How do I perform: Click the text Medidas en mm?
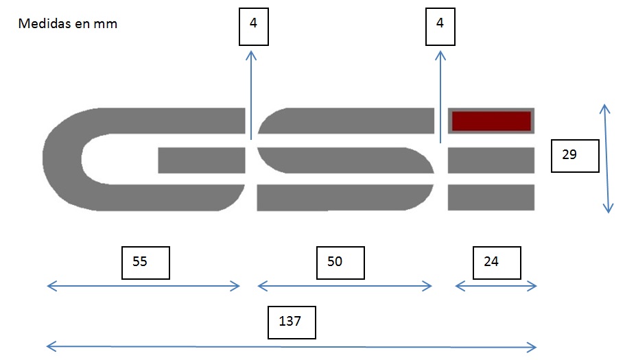[68, 24]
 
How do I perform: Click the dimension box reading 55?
[145, 262]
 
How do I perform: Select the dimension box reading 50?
[340, 262]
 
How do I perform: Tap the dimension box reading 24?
[496, 262]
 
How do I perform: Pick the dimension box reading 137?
[292, 321]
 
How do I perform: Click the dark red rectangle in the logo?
[491, 120]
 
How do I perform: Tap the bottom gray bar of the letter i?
[491, 197]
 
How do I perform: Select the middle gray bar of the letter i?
[491, 160]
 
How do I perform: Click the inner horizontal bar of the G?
[202, 160]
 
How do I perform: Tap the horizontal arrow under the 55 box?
[143, 286]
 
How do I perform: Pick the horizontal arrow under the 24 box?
[496, 286]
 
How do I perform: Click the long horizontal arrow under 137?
[292, 346]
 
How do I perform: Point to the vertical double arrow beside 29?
[605, 158]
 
